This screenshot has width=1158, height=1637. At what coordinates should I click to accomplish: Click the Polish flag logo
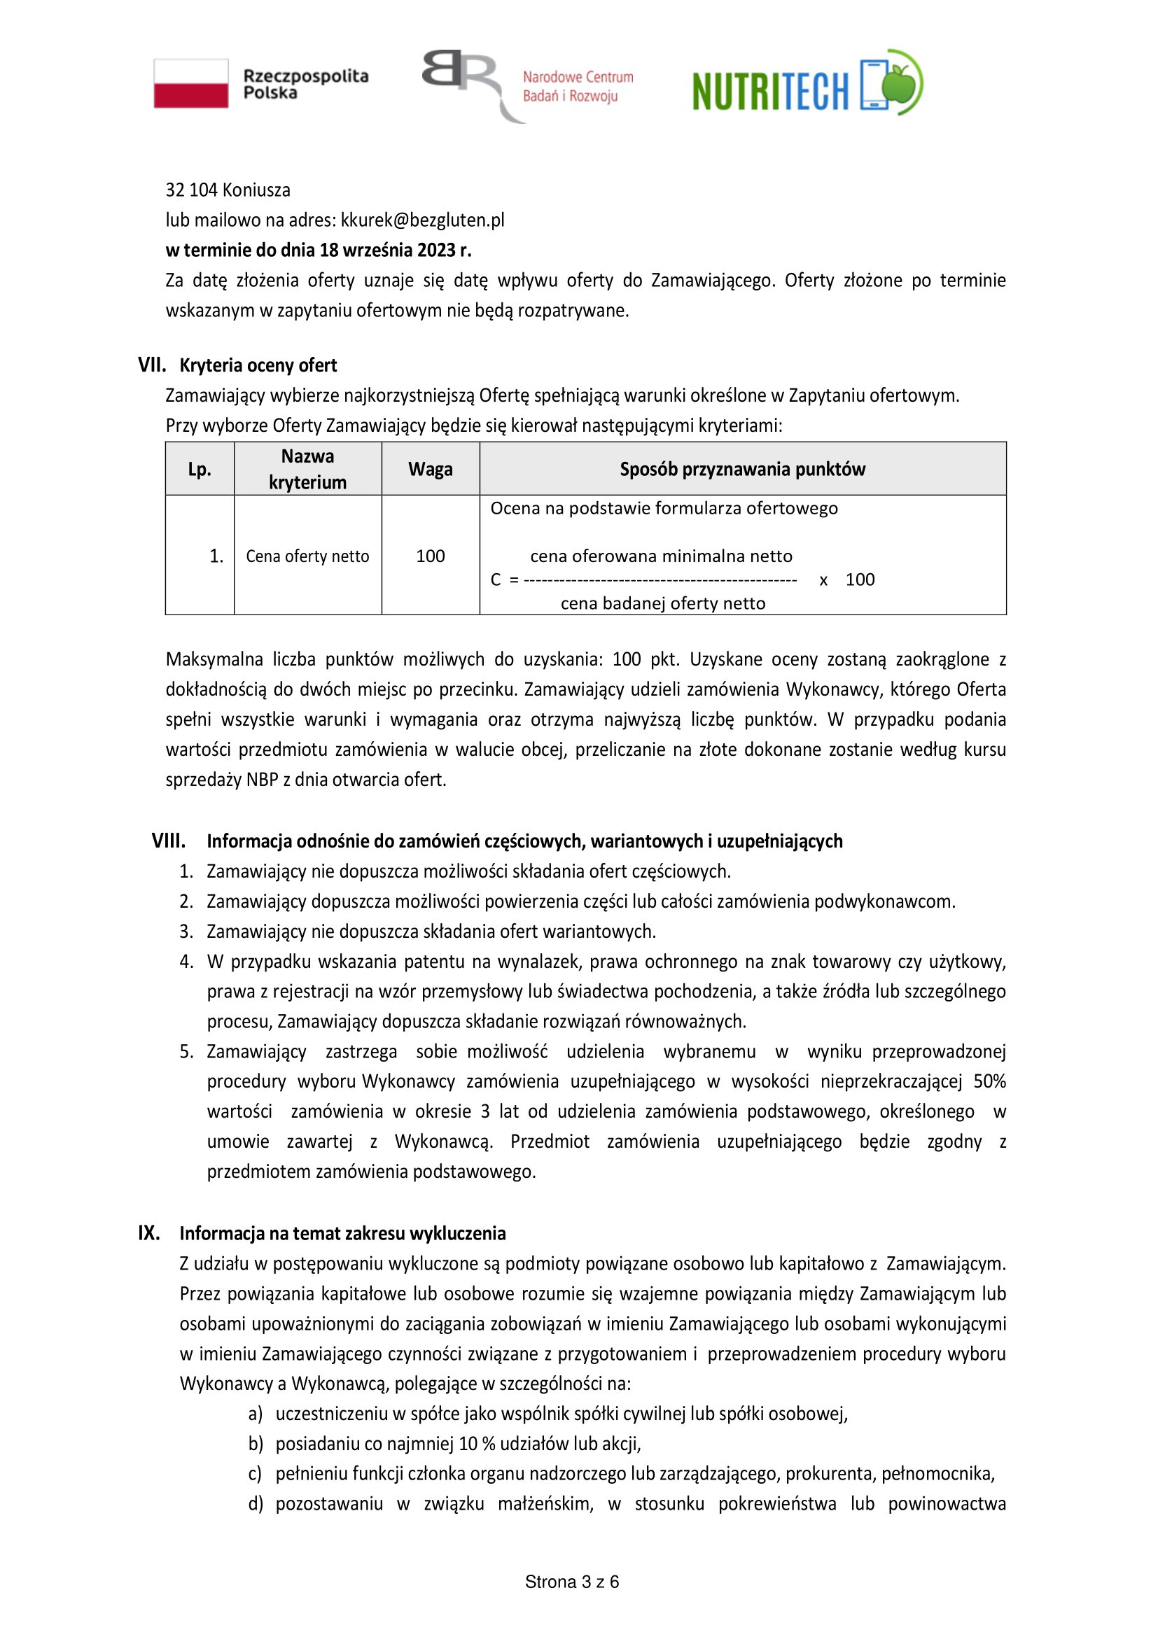click(x=191, y=83)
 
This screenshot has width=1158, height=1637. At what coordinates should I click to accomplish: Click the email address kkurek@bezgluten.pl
click(x=422, y=220)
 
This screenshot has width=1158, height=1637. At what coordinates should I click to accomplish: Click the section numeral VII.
click(x=151, y=365)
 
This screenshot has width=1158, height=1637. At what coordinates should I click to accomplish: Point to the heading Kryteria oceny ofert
click(x=258, y=365)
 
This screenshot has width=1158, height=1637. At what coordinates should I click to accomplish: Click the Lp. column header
click(x=200, y=469)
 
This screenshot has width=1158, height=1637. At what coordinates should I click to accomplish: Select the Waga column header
click(x=430, y=469)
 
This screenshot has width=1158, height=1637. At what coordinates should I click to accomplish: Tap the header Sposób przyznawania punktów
click(x=742, y=469)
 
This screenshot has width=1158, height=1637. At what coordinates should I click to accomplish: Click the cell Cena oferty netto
click(x=307, y=556)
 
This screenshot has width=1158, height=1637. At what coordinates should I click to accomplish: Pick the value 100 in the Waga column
click(x=430, y=556)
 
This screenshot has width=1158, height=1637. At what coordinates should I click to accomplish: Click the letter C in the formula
click(x=496, y=579)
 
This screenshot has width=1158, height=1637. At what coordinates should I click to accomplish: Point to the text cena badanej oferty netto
click(x=662, y=603)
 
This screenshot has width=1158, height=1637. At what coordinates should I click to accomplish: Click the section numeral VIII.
click(x=168, y=841)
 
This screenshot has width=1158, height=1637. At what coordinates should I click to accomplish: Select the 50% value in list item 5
click(x=989, y=1081)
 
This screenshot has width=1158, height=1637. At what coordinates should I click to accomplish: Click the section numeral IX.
click(x=148, y=1232)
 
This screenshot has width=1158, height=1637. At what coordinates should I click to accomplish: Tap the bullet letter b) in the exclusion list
click(x=256, y=1444)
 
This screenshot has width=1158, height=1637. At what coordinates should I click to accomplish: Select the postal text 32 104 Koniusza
click(x=228, y=190)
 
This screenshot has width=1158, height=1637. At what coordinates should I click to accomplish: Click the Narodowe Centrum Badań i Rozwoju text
click(x=578, y=86)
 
